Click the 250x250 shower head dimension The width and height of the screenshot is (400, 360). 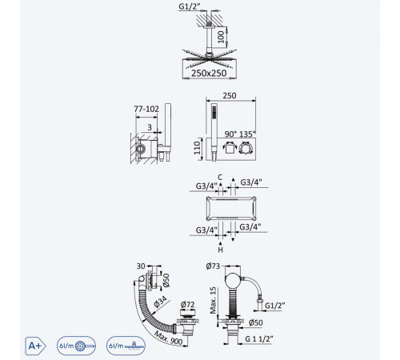point(209,73)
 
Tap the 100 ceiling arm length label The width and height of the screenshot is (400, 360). point(222,37)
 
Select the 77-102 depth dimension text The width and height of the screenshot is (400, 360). point(146,109)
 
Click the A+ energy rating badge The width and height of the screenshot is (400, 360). point(35,346)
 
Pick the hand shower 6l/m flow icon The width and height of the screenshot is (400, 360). point(76,346)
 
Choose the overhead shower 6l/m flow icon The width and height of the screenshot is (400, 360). point(126,346)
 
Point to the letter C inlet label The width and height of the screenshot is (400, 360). point(220,178)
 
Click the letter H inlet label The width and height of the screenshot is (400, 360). point(220,250)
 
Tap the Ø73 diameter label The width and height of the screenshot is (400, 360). point(213,266)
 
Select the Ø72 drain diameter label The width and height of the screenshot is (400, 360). point(187,304)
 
